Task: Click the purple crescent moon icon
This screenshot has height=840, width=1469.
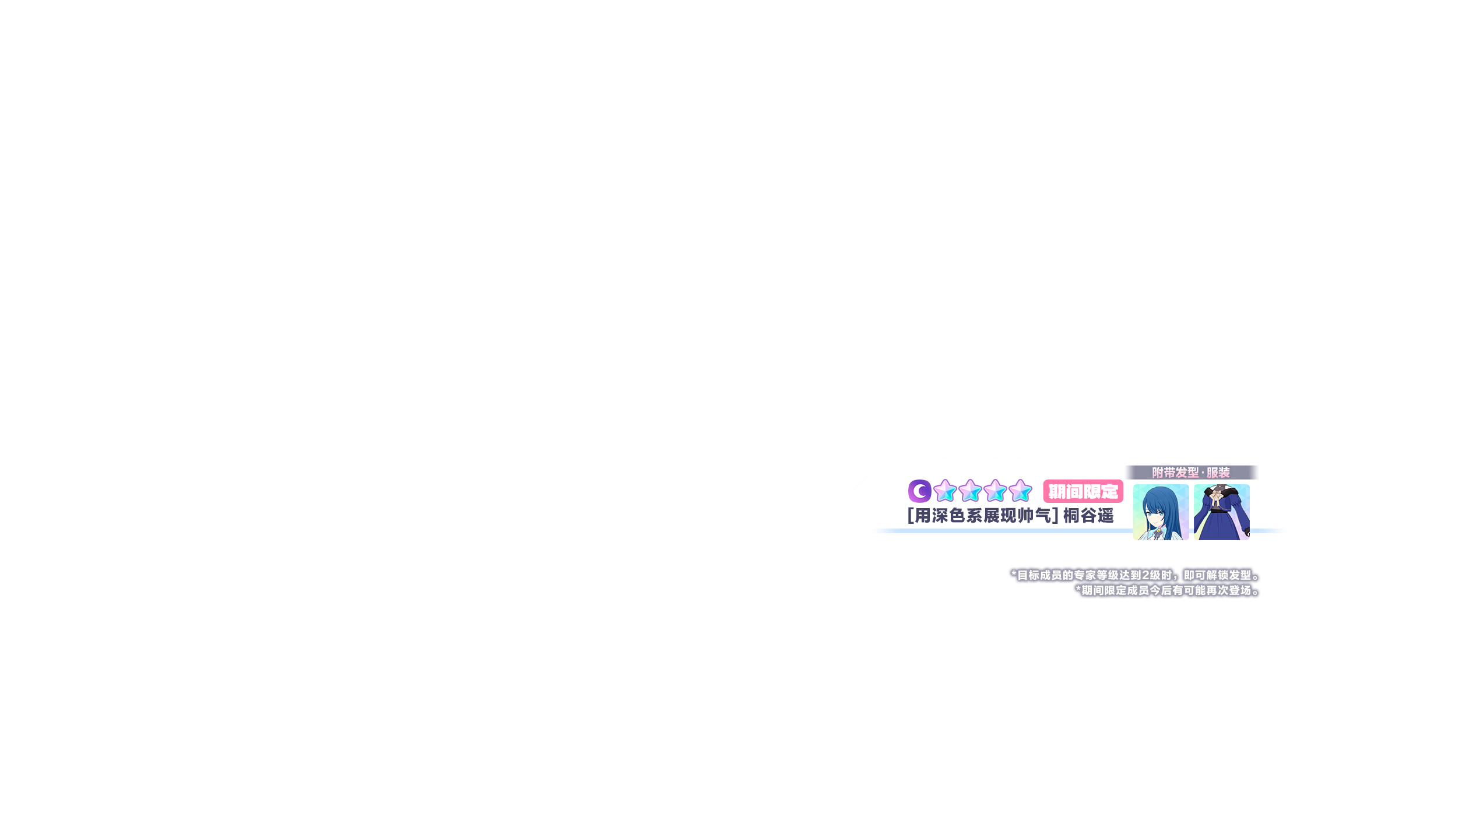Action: tap(919, 491)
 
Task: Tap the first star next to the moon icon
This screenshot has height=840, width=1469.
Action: tap(944, 491)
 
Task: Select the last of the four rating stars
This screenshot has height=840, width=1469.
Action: tap(1020, 491)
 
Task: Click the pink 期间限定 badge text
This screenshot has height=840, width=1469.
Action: tap(1083, 492)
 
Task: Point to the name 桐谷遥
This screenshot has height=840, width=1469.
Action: tap(1088, 516)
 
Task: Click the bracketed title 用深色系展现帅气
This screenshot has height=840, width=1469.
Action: tap(983, 516)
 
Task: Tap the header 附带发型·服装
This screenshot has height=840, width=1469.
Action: tap(1191, 473)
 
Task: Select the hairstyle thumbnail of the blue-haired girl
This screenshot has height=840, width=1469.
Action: tap(1161, 512)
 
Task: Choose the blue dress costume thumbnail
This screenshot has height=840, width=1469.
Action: tap(1221, 512)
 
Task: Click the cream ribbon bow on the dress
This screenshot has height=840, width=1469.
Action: tap(1218, 499)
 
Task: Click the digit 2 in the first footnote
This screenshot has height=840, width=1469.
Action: tap(1145, 575)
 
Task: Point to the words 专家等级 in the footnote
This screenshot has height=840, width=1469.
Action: tap(1096, 575)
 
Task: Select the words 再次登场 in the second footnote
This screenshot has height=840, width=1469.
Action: tap(1228, 590)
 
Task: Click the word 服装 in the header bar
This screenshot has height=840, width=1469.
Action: tap(1218, 473)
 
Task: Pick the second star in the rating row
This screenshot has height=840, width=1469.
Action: tap(969, 491)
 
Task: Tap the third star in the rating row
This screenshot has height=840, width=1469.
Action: tap(995, 491)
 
